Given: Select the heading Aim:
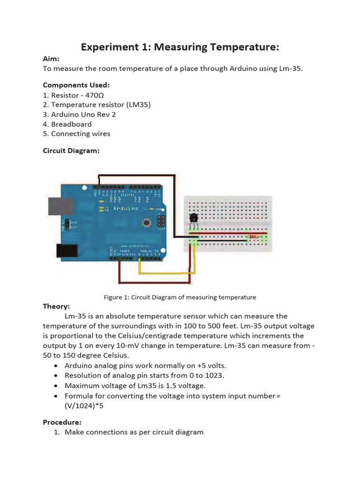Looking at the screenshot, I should click(x=51, y=59).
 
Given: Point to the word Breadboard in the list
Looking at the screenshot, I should click(x=71, y=124).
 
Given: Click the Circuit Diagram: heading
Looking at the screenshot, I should click(x=71, y=150).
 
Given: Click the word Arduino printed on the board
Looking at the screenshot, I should click(x=125, y=209).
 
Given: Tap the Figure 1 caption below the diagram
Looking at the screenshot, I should click(x=180, y=297).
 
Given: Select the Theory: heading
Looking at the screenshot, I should click(x=56, y=306).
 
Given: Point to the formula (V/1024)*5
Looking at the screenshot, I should click(x=84, y=406).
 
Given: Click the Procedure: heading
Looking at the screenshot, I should click(x=62, y=422).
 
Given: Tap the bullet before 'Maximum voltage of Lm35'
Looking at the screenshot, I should click(x=57, y=386).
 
